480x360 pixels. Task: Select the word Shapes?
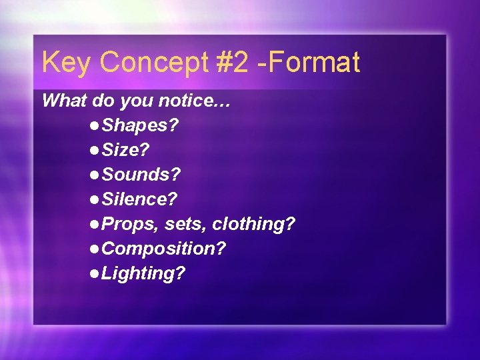[x=140, y=125]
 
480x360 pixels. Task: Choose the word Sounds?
[x=141, y=175]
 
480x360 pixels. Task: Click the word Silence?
[x=140, y=199]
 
